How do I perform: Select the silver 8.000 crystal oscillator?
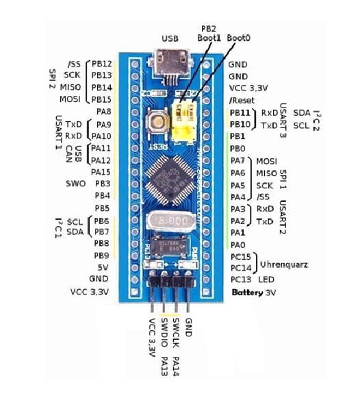point(168,222)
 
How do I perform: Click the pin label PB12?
point(102,64)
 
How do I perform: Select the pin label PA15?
point(101,172)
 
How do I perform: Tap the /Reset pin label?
point(242,100)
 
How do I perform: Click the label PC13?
point(241,279)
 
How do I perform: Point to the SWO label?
point(75,184)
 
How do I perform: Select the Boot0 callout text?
point(238,38)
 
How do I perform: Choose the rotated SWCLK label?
point(177,332)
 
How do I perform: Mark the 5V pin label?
point(105,267)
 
